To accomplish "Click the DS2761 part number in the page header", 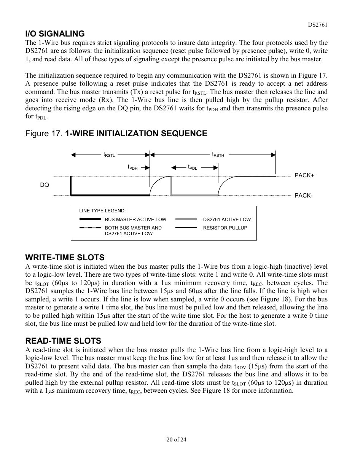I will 317,25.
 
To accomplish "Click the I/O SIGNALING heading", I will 55,34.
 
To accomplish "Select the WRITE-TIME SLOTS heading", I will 65,258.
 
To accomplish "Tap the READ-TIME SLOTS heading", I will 63,341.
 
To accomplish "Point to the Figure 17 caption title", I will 116,134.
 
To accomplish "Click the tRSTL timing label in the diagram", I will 109,155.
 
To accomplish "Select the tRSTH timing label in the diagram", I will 218,155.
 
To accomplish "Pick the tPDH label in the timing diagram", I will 132,167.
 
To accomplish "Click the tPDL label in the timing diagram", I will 193,167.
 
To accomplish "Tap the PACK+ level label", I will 304,175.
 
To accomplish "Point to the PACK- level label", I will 304,196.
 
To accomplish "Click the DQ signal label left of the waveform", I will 45,185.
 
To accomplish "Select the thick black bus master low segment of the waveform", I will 110,195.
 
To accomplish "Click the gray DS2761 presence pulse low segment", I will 194,195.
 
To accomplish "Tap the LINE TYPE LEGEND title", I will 102,211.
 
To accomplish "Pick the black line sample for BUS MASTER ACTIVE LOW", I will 90,220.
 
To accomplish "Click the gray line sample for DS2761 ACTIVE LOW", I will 186,220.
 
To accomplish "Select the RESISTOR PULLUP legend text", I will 225,228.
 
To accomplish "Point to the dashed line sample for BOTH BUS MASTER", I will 90,228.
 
